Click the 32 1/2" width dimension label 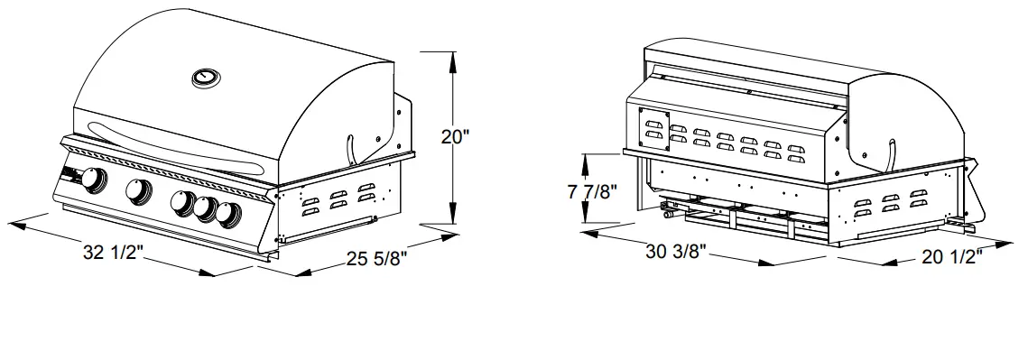tap(116, 254)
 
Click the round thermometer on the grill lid tap(207, 78)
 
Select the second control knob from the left tap(138, 191)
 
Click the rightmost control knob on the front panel tap(228, 215)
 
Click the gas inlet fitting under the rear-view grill tap(668, 216)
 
